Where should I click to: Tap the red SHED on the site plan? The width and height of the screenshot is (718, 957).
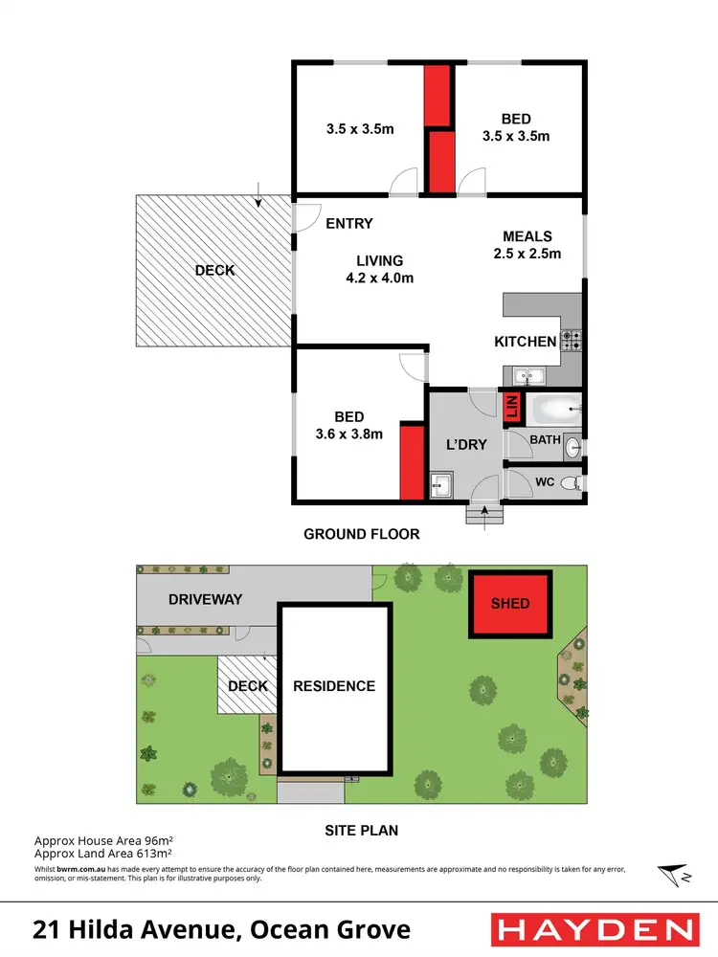(510, 604)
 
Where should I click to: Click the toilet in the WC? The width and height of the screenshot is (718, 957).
(572, 482)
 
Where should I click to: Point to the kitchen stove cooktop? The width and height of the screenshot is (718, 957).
(572, 340)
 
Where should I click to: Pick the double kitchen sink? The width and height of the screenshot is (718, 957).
(528, 376)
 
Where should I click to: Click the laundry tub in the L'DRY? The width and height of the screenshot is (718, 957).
(440, 485)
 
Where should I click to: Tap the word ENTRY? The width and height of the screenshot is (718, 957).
(349, 224)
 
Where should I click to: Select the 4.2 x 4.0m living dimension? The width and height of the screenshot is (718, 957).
(379, 278)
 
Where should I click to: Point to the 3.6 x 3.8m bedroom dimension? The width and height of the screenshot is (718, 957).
(348, 434)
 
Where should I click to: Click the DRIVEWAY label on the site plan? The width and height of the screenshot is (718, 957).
(206, 599)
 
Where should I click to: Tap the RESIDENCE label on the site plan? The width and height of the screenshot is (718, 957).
(334, 685)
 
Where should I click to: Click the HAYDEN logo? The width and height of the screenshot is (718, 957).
(594, 928)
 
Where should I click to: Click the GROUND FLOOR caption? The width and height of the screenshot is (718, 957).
(362, 534)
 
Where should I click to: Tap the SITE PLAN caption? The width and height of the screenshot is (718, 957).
(361, 831)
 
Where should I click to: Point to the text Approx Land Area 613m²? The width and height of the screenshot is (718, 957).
(102, 852)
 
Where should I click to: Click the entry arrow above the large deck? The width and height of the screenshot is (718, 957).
(260, 195)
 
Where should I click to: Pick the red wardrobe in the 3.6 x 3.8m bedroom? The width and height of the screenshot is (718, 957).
(412, 462)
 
